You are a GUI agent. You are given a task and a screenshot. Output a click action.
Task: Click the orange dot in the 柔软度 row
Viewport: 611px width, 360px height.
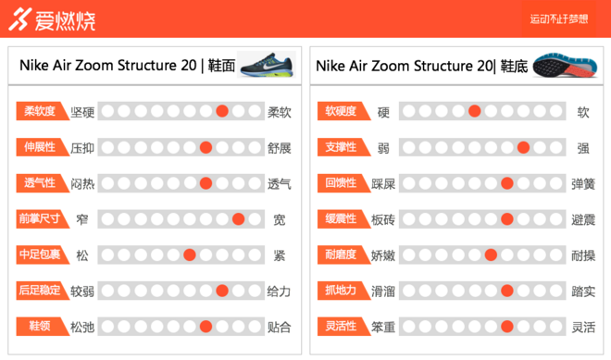[x=222, y=112]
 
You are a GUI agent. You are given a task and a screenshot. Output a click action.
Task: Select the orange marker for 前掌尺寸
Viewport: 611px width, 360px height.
[x=238, y=219]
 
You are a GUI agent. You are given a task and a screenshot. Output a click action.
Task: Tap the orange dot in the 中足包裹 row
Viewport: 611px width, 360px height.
[x=189, y=255]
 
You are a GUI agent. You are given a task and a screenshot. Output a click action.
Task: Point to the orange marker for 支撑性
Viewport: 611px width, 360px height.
[x=523, y=147]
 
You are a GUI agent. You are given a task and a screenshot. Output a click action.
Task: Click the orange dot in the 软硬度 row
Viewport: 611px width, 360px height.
[x=474, y=112]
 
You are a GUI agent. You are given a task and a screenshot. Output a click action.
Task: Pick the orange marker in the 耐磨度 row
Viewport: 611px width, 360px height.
[x=491, y=255]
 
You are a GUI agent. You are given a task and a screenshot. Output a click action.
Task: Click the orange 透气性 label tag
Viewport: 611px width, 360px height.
[x=40, y=183]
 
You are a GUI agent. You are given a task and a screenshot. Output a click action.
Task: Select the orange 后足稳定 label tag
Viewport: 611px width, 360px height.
[x=40, y=291]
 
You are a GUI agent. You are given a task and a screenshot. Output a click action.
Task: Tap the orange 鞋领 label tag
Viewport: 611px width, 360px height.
[x=40, y=326]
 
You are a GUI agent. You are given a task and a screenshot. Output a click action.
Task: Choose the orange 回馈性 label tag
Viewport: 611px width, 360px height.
[x=339, y=183]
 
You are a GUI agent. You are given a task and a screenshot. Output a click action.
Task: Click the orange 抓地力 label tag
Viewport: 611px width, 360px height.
[x=339, y=291]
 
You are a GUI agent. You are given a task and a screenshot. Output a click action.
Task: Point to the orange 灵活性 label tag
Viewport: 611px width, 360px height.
[x=339, y=326]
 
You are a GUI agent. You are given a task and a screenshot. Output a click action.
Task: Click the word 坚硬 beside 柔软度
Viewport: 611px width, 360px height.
[x=82, y=112]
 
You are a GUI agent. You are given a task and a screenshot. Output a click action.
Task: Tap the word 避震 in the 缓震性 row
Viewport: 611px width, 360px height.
[x=583, y=219]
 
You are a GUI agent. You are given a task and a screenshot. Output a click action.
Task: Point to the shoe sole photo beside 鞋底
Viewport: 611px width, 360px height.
[x=564, y=64]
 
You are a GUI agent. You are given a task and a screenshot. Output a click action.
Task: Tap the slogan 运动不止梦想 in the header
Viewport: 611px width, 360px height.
[x=558, y=19]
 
